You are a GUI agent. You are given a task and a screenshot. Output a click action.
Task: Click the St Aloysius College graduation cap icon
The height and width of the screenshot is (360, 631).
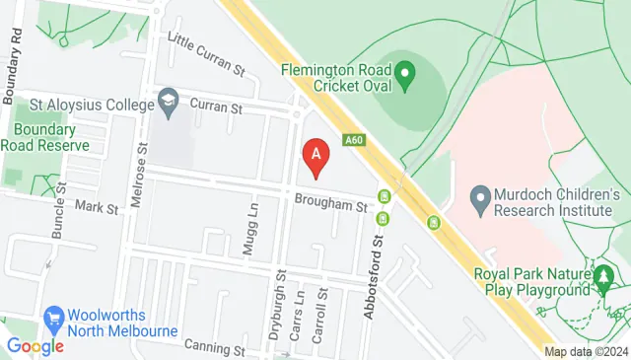pos(169,101)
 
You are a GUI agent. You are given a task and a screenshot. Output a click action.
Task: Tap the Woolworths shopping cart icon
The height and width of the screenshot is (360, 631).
pos(54,318)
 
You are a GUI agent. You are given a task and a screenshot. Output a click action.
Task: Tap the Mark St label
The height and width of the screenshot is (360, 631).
pos(97,208)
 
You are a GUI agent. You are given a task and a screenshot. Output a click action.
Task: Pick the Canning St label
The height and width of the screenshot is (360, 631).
pos(214,349)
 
